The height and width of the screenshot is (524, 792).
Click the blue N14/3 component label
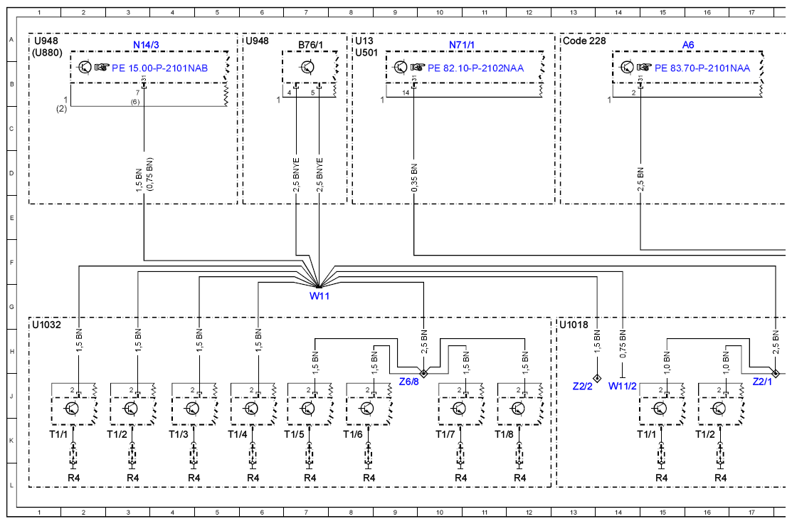tap(146, 45)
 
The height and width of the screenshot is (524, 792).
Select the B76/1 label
tap(310, 45)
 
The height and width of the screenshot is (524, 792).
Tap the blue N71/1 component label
tap(462, 45)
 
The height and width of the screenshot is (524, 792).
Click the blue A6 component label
tap(688, 45)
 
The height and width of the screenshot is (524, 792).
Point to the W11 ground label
tap(320, 296)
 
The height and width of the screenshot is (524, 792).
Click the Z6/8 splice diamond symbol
tap(424, 373)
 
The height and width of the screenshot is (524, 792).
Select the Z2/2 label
tap(582, 386)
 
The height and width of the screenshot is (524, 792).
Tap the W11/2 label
tap(622, 386)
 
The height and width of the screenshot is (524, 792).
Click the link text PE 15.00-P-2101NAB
tap(159, 68)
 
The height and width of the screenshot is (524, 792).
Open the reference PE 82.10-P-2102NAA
tap(476, 68)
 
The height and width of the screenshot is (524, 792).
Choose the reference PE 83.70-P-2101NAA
tap(702, 68)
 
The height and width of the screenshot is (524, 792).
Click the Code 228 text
tap(584, 41)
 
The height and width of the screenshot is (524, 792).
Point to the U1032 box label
tap(46, 325)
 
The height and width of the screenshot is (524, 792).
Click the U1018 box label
tap(574, 325)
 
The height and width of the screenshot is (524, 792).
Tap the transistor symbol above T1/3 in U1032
tap(192, 409)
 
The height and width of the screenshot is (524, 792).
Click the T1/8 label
tap(504, 434)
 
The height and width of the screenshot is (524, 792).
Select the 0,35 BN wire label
tap(414, 177)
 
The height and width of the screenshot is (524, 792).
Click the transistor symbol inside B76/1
tap(307, 67)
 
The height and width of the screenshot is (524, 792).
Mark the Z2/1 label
tap(762, 382)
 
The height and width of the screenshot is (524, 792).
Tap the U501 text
tap(366, 53)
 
